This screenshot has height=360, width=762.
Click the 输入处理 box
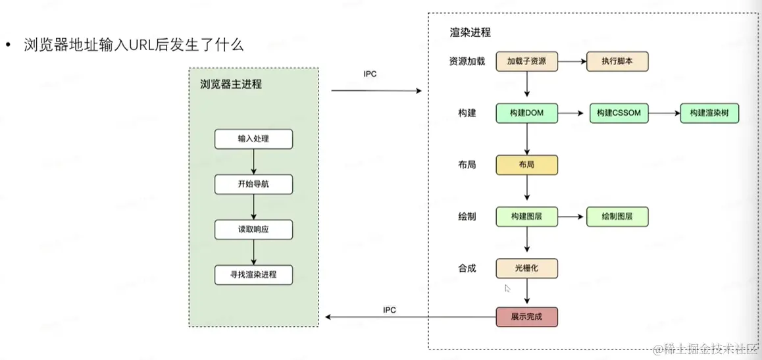(x=254, y=139)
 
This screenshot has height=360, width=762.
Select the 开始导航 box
(x=254, y=184)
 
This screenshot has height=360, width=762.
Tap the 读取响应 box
(x=254, y=229)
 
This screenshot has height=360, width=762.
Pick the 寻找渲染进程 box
(x=254, y=274)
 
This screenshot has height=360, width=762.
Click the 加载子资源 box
(x=527, y=62)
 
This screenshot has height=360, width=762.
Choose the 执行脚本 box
(x=617, y=62)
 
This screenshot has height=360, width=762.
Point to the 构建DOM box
(x=527, y=113)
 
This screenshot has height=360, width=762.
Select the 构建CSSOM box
(x=619, y=113)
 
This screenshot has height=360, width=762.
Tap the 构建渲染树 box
(x=709, y=113)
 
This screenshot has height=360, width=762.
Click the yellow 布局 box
(x=527, y=165)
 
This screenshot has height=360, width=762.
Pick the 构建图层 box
(x=527, y=217)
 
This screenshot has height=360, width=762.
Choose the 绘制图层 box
(x=617, y=217)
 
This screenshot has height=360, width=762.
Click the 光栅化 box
(x=527, y=268)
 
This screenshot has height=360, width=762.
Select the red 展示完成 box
(x=527, y=317)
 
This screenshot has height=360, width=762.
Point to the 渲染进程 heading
(x=470, y=32)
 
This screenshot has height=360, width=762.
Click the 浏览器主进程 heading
(x=231, y=84)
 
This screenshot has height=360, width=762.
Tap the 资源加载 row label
(x=467, y=62)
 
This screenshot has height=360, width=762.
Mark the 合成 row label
(x=467, y=268)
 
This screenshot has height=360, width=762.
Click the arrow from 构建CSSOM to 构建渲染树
(x=665, y=113)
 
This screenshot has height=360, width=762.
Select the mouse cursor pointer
(x=507, y=288)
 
